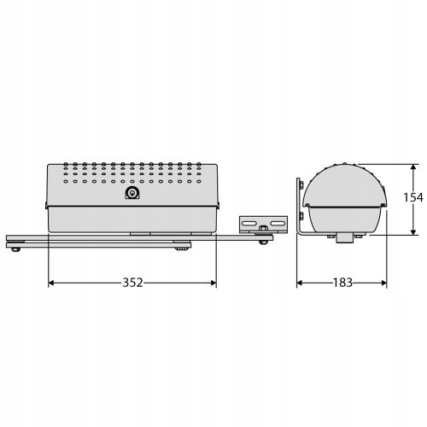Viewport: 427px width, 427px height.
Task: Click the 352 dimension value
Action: coord(132,283)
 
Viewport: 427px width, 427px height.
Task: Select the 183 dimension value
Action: coord(342,283)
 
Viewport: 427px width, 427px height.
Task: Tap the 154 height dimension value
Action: coord(413,197)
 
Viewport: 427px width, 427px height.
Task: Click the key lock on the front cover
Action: coord(132,193)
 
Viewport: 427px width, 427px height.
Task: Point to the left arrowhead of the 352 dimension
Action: coord(51,283)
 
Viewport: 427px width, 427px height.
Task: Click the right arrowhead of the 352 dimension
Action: coord(213,283)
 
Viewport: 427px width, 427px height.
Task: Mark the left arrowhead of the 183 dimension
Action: coord(300,283)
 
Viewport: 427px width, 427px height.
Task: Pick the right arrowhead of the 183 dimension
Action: coord(383,283)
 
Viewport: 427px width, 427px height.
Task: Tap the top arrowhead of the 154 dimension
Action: coord(413,167)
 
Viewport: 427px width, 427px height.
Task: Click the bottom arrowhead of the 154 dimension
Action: coord(413,231)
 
